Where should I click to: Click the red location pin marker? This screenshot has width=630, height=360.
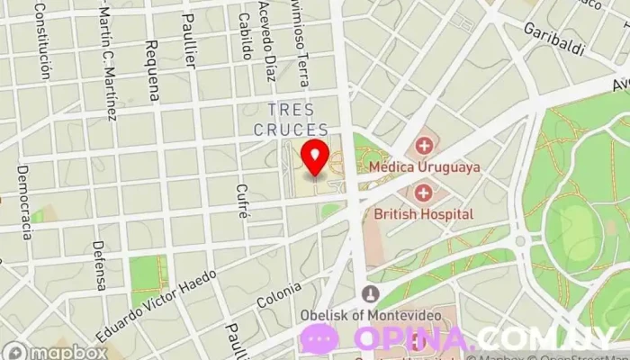pos(314,156)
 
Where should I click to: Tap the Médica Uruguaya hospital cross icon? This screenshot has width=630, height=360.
pos(423,145)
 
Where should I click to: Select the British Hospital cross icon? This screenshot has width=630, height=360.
pos(423,192)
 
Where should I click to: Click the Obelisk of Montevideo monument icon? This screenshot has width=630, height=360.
pos(370,293)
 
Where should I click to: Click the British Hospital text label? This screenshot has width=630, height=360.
pos(423,214)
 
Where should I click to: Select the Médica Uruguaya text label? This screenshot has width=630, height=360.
pos(423,167)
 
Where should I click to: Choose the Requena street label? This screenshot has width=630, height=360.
pos(152,70)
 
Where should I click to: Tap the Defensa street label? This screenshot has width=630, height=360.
pos(100,265)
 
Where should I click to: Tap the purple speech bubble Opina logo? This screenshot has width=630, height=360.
pos(319,339)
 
